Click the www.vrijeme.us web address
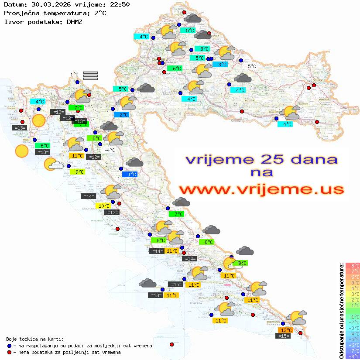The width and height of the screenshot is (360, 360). click(x=261, y=189)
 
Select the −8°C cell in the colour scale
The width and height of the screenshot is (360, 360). click(x=353, y=356)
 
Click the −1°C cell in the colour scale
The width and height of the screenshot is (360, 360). click(x=353, y=316)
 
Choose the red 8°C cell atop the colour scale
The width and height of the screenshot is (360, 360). click(x=353, y=265)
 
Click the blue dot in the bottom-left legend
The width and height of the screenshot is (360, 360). click(x=10, y=346)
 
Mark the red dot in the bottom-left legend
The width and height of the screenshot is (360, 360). click(x=10, y=352)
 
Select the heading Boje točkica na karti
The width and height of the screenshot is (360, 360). click(x=35, y=339)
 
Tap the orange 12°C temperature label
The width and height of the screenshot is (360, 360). click(x=286, y=330)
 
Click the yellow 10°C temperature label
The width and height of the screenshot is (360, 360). click(x=103, y=206)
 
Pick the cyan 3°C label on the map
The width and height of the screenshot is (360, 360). click(x=222, y=65)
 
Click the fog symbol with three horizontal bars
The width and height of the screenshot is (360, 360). click(x=90, y=75)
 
